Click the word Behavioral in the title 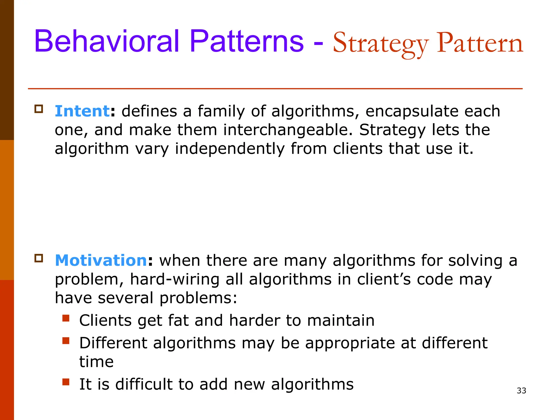coord(107,42)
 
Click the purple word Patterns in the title coord(246,42)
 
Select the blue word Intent coord(82,111)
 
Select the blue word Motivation coord(101,260)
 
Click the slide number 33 coord(521,391)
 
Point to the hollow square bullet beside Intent coord(39,109)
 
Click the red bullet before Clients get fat coord(66,318)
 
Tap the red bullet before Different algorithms coord(66,341)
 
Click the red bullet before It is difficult coord(66,382)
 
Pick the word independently coord(230,149)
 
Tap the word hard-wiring coord(174,279)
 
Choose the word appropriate coord(350,343)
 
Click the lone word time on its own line coord(96,362)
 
